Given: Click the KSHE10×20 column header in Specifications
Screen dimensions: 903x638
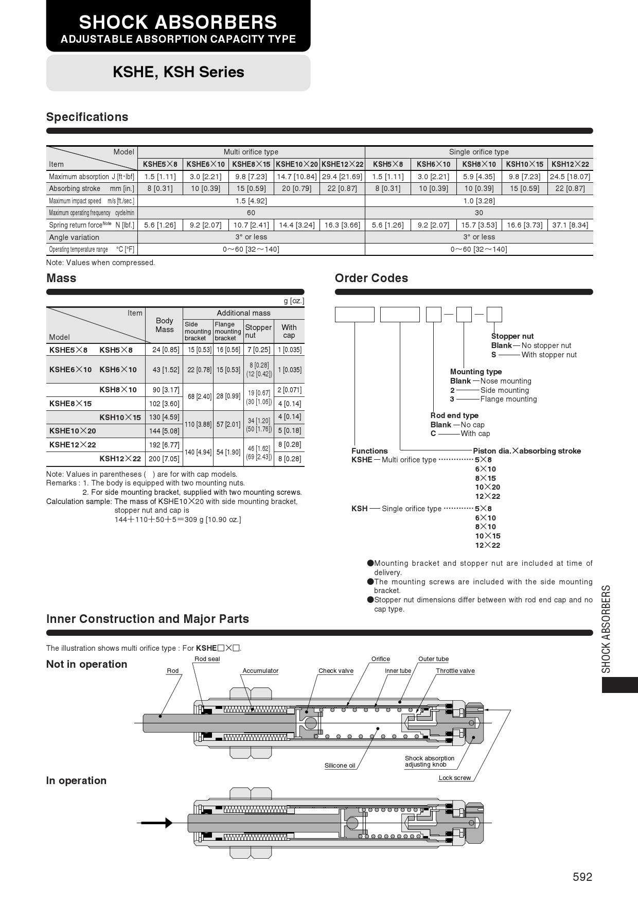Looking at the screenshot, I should tap(296, 164).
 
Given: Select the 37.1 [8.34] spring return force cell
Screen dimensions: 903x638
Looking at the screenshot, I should tap(570, 225).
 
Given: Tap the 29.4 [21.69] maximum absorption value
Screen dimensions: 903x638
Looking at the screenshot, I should tap(342, 177).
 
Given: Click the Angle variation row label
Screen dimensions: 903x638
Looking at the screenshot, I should tap(74, 237).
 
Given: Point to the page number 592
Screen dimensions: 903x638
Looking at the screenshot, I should tap(582, 877).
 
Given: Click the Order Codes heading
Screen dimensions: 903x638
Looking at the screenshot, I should tap(371, 278).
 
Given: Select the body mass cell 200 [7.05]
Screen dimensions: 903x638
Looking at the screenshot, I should tap(164, 459).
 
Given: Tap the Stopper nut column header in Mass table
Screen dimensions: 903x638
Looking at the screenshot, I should tap(258, 331).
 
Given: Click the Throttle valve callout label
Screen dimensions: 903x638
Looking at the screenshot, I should tap(455, 671).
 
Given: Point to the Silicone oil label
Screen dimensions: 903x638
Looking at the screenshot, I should tap(340, 766).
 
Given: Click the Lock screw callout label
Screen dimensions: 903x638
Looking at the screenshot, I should tap(454, 778).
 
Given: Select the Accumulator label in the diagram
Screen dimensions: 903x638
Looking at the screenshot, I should tap(260, 671).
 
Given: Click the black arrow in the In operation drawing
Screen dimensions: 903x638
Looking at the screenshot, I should tap(157, 823).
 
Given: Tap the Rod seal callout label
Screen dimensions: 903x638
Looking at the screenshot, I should tap(207, 659).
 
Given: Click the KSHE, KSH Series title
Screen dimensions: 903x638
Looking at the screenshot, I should tap(179, 72).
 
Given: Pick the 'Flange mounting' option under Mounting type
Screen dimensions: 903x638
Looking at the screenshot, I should tap(508, 399).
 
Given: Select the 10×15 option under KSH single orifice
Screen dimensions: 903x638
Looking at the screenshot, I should tap(487, 536).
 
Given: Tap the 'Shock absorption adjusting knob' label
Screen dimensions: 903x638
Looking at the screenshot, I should tap(429, 761).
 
